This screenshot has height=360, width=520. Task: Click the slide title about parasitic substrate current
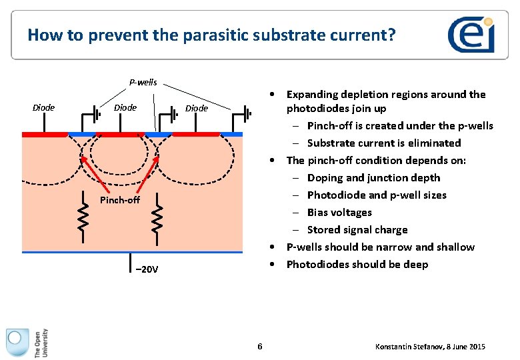[211, 35]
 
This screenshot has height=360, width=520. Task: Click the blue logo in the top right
[471, 35]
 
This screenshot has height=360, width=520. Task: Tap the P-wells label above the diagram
[143, 83]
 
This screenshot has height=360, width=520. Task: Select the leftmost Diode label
[44, 107]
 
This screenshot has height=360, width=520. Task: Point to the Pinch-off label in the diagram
[120, 200]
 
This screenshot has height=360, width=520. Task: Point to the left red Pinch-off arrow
[94, 175]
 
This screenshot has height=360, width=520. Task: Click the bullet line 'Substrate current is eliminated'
[384, 143]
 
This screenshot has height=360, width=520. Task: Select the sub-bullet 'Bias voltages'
[339, 212]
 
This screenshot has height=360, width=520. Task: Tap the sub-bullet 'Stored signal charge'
[357, 229]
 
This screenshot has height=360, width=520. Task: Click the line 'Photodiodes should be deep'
[357, 264]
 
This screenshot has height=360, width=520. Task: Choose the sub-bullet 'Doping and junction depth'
[373, 177]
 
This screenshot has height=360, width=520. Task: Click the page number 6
[260, 346]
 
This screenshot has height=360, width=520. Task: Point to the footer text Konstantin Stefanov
[431, 347]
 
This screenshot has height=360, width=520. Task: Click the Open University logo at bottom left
[27, 343]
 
